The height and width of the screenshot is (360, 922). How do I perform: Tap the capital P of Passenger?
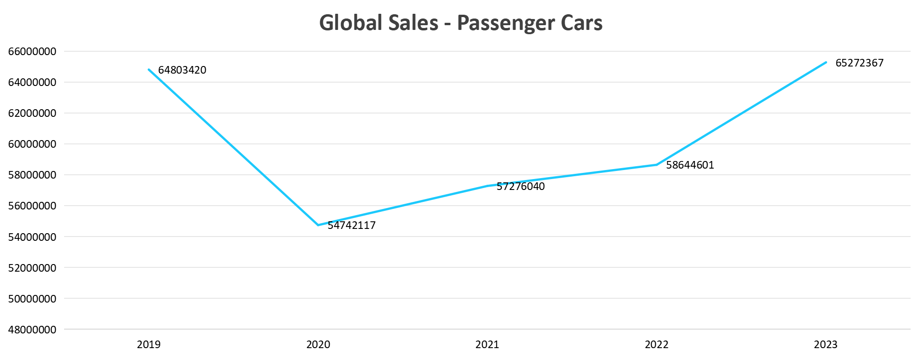click(463, 23)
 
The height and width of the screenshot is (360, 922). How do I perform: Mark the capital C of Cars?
click(567, 23)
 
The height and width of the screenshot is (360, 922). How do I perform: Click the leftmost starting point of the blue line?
click(149, 70)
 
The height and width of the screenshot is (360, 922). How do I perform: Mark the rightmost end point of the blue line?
click(826, 62)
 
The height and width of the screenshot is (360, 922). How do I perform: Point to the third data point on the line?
click(488, 186)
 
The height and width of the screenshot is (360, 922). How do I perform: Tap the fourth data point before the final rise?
click(657, 165)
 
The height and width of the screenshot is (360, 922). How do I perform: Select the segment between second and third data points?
click(403, 205)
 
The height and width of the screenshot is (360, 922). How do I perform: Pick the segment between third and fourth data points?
click(572, 175)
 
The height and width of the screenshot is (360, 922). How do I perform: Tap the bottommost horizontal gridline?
click(475, 329)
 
